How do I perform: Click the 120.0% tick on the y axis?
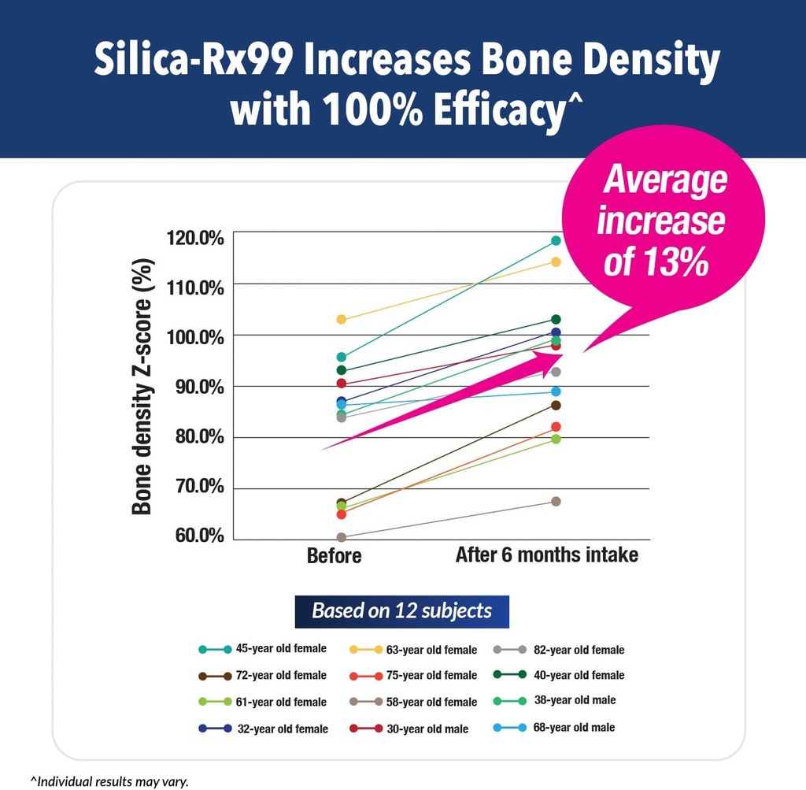[195, 237]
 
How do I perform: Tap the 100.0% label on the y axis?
[195, 337]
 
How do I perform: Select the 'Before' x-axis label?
[335, 556]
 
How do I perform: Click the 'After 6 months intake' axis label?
[546, 555]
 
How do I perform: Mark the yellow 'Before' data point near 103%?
[342, 319]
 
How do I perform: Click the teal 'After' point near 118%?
[556, 240]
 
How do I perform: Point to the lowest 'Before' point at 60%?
[342, 537]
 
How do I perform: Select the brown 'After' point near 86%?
[556, 405]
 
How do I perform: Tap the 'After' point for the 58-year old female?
[556, 501]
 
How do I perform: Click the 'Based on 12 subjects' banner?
[401, 611]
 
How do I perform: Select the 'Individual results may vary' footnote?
[110, 781]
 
